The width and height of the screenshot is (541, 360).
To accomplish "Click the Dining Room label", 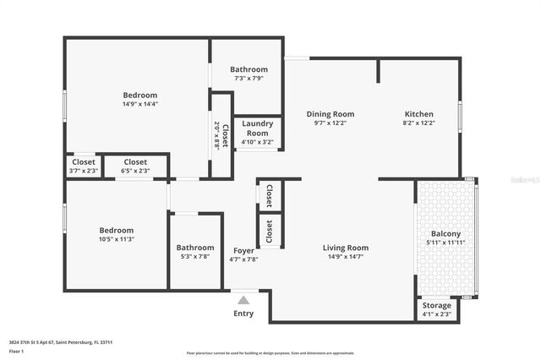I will pos(330,113).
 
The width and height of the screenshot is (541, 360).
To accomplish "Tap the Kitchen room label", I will pos(418,113).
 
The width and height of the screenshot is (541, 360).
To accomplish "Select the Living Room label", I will pos(346,248).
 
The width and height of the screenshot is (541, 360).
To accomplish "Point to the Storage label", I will pos(436,306).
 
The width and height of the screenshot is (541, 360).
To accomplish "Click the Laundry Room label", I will pos(257,128).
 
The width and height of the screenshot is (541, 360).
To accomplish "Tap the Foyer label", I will pos(243,251).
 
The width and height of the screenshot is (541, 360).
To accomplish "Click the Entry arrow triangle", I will pos(243,299).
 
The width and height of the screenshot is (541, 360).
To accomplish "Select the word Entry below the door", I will pos(243,314).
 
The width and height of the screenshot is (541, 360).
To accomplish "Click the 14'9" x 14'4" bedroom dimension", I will pos(139,104).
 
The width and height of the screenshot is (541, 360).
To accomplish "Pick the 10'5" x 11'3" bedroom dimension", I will pos(116,239).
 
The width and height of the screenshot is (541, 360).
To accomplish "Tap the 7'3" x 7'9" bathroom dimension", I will pos(249,78).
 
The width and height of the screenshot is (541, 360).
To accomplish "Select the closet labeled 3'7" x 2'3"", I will pos(83,166).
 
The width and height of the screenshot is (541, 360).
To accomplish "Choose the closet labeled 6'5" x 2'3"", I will pos(135,166).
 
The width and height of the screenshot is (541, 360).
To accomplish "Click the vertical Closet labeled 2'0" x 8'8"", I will pos(221,133).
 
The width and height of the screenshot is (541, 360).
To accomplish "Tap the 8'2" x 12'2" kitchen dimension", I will pos(418,123).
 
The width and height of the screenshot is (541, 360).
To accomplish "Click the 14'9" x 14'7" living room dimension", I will pos(346,257).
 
